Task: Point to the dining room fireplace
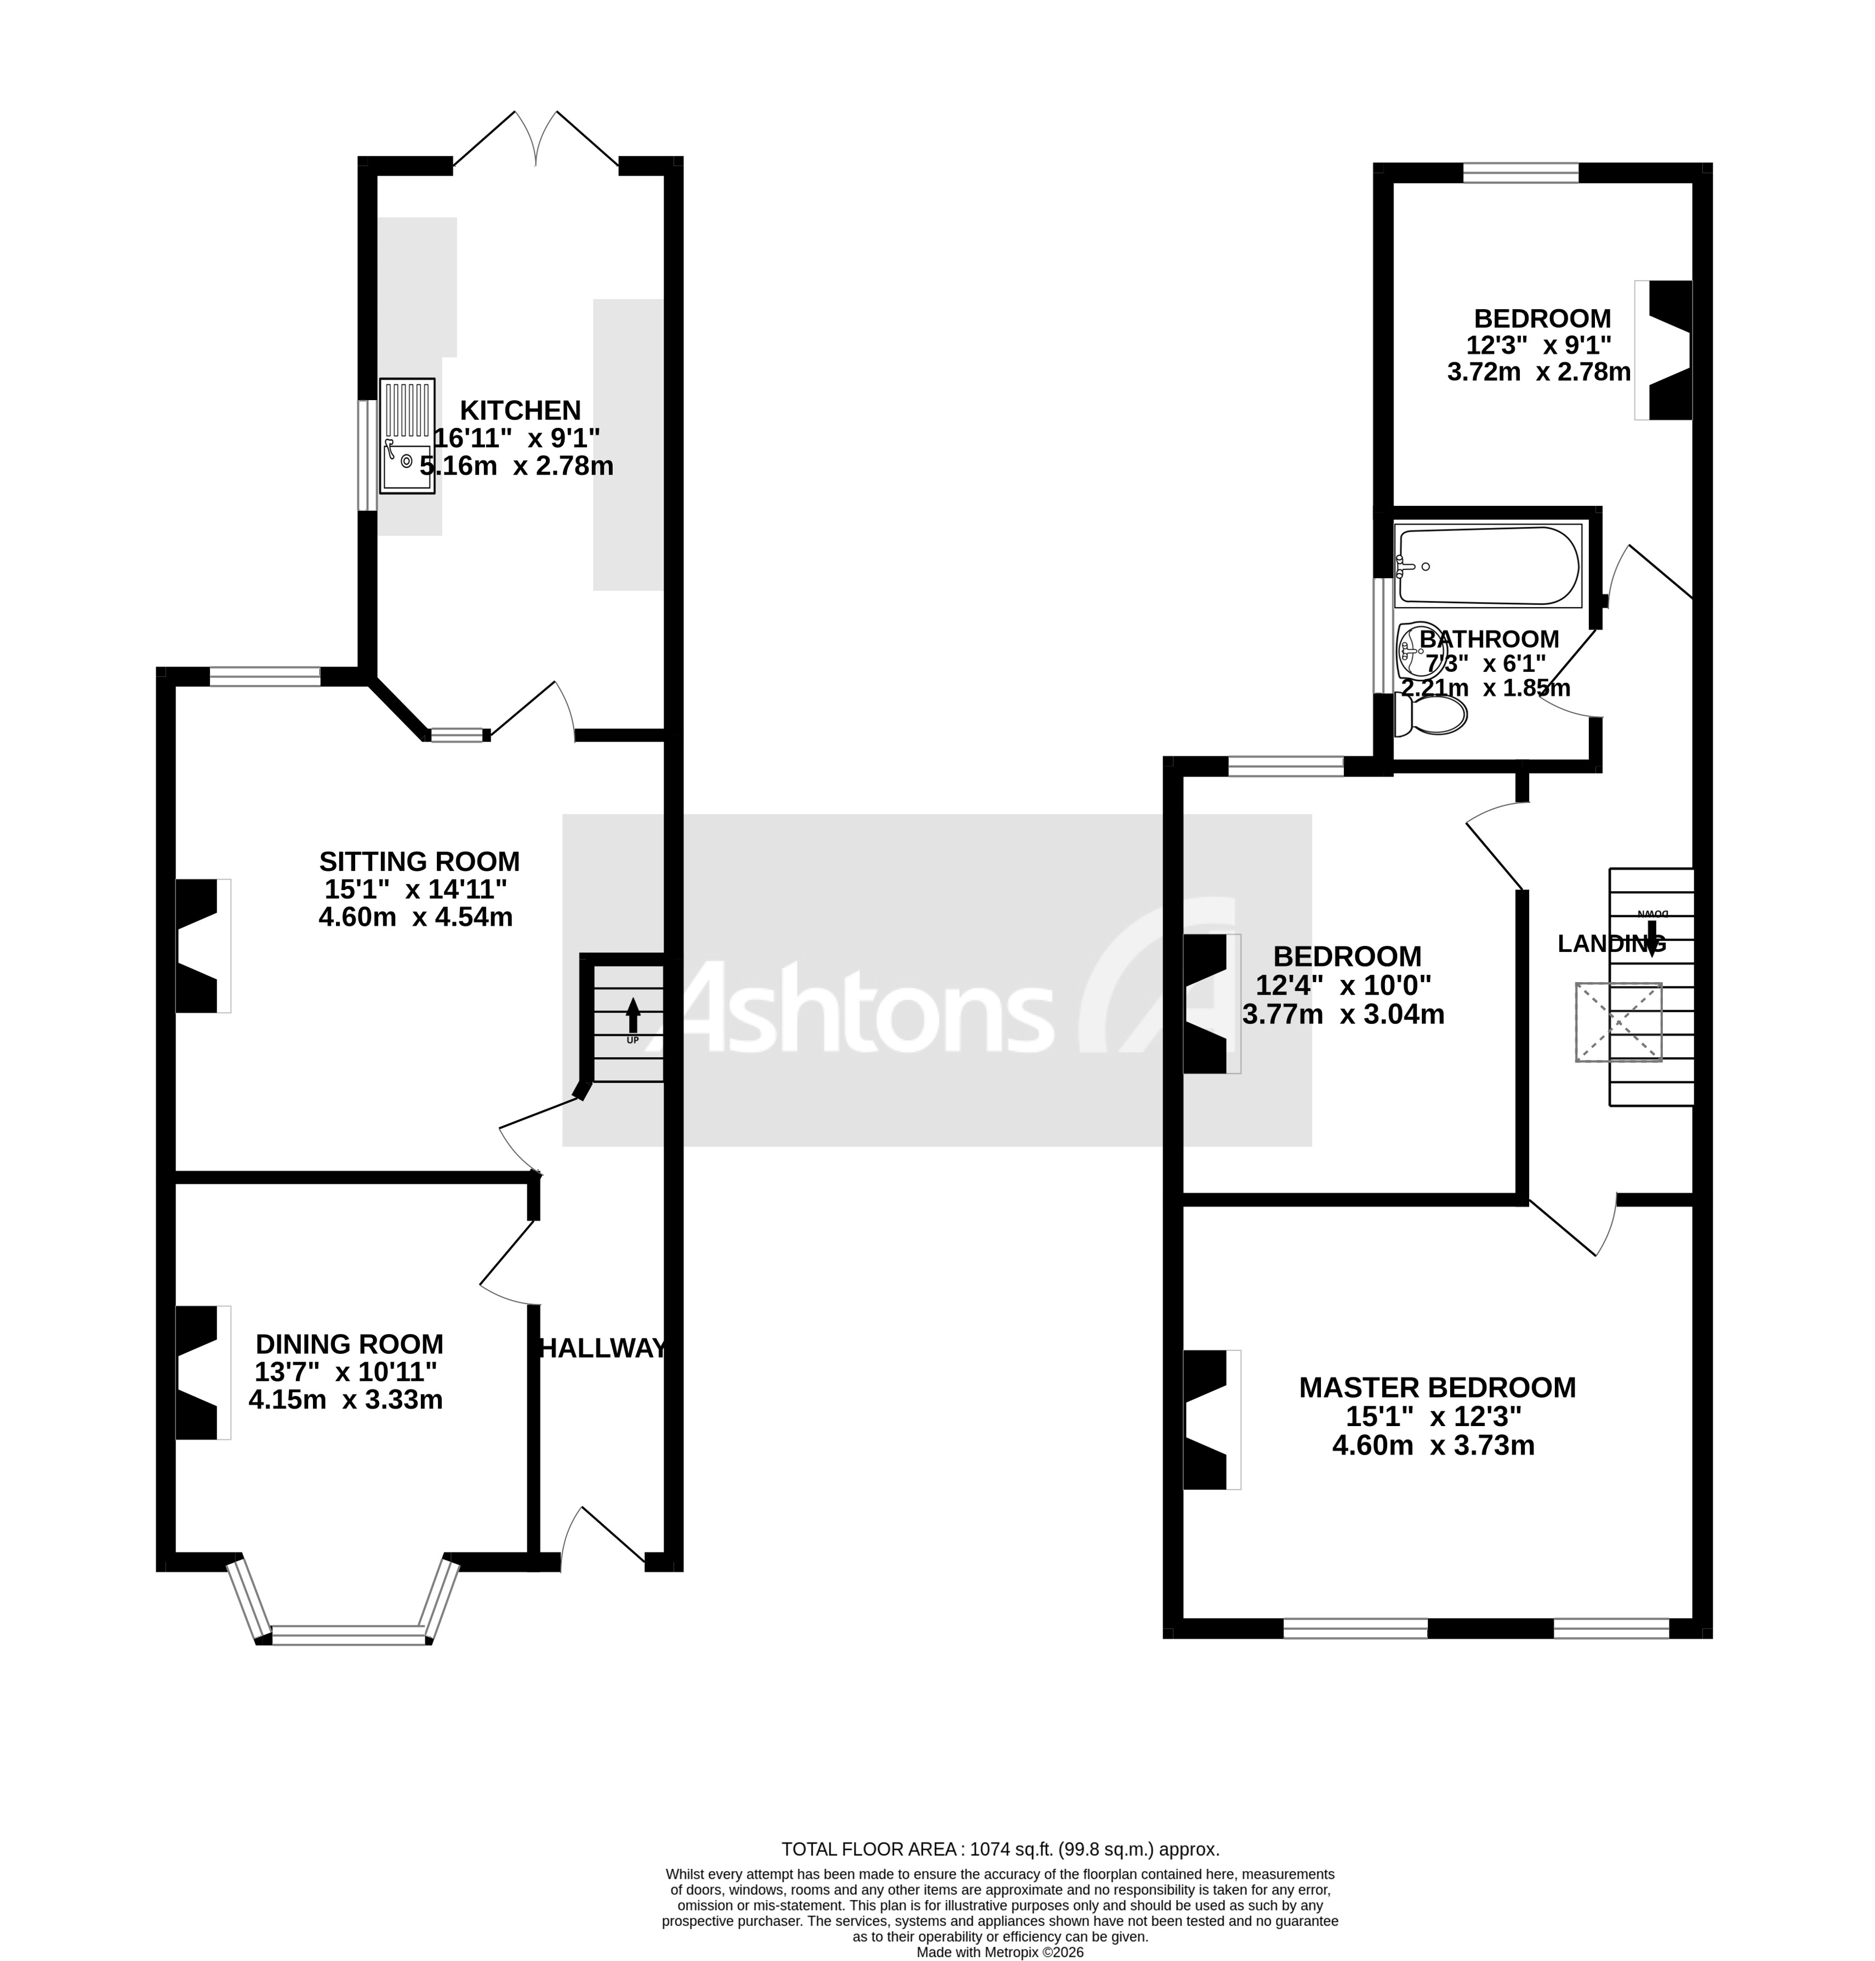click(x=198, y=1372)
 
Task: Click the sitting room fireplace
click(x=198, y=945)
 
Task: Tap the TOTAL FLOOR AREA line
click(x=1000, y=1849)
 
